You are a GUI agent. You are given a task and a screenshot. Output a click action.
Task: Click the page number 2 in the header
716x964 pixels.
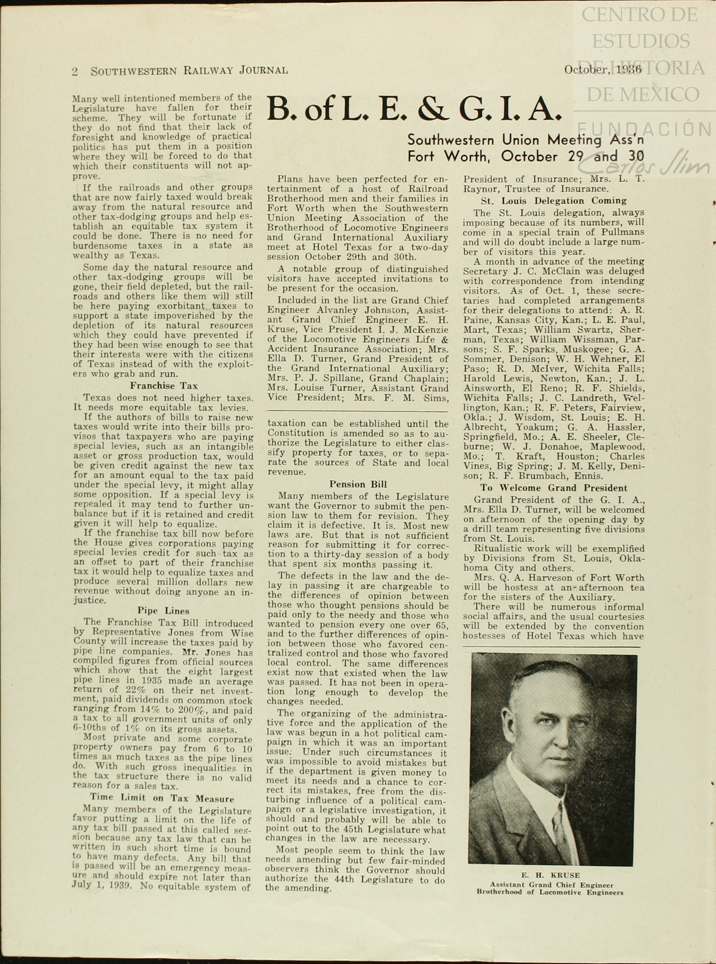pyautogui.click(x=75, y=71)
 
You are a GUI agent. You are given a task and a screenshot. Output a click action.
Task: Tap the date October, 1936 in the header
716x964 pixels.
pyautogui.click(x=603, y=69)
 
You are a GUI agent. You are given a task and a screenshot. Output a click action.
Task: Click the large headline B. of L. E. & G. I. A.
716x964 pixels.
pyautogui.click(x=414, y=110)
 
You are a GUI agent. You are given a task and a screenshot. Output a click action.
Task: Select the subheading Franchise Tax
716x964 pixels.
pyautogui.click(x=164, y=386)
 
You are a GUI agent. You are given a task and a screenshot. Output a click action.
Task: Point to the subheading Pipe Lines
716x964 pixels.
pyautogui.click(x=163, y=611)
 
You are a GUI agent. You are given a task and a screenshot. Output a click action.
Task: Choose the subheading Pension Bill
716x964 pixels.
pyautogui.click(x=358, y=484)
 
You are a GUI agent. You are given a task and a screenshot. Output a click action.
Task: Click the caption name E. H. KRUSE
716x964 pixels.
pyautogui.click(x=550, y=875)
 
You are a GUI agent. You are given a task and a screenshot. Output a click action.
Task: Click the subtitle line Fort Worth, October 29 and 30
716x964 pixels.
pyautogui.click(x=525, y=156)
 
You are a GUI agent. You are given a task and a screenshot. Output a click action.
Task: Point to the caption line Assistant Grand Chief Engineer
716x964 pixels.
pyautogui.click(x=551, y=885)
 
